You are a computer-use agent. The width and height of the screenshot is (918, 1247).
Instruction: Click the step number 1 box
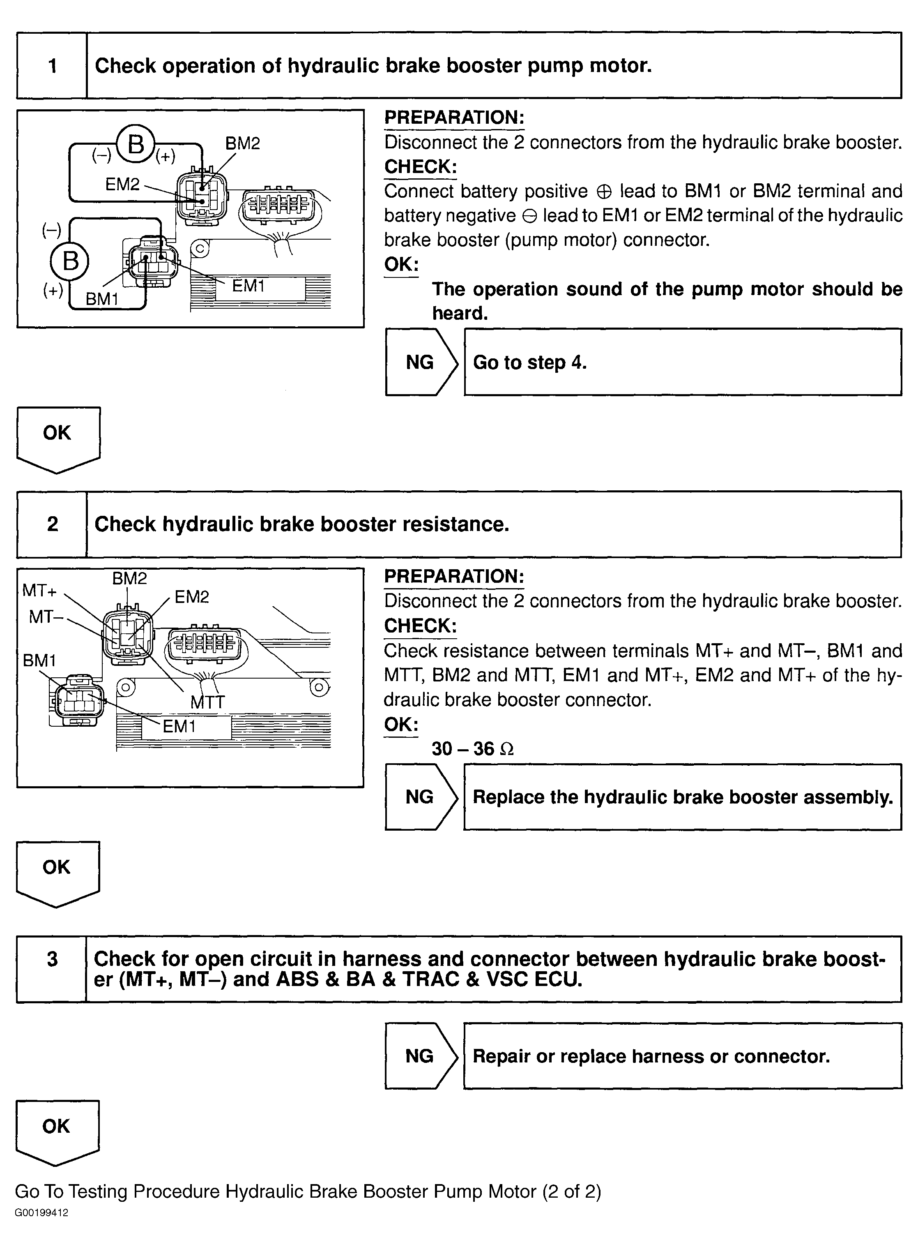[x=52, y=66]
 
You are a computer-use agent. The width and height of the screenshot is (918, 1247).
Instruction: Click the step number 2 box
[x=52, y=524]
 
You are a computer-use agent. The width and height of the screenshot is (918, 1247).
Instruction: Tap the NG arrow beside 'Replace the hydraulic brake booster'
[x=421, y=797]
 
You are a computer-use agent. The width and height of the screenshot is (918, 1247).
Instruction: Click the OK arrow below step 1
[x=58, y=438]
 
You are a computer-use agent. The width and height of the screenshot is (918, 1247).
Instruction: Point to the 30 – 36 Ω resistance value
[x=472, y=749]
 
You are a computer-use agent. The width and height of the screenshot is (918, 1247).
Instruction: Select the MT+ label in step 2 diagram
[x=39, y=591]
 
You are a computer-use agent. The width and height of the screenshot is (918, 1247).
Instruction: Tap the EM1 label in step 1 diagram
[x=248, y=286]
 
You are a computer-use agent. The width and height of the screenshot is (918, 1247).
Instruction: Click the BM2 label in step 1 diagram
[x=242, y=143]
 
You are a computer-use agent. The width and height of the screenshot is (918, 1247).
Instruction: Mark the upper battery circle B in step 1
[x=136, y=145]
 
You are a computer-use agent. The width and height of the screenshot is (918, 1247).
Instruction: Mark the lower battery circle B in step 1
[x=70, y=260]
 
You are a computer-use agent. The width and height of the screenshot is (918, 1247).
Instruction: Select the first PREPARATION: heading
[x=454, y=117]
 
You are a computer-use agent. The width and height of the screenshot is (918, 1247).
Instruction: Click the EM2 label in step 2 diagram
[x=192, y=597]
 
